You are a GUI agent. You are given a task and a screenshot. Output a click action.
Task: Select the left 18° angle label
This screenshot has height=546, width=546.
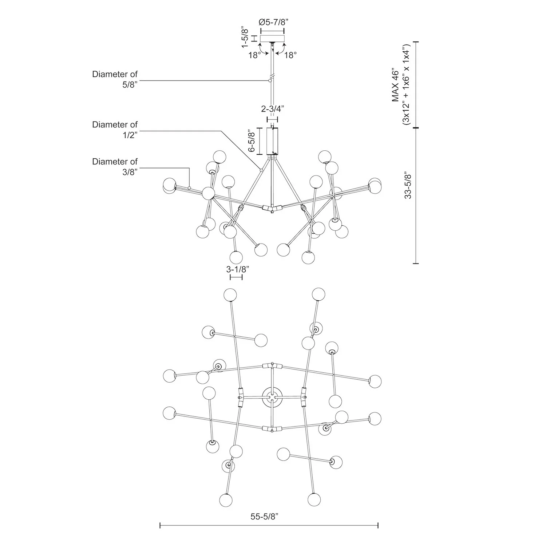click(x=255, y=55)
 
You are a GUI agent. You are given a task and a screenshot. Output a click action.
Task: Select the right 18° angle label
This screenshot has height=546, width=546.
click(x=290, y=55)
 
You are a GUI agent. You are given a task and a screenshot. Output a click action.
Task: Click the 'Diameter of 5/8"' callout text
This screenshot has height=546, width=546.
click(x=115, y=79)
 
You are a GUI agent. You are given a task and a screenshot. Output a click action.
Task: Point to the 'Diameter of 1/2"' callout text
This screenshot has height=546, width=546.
click(x=115, y=130)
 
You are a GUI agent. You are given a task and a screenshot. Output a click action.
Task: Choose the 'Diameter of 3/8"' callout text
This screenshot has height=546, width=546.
click(x=115, y=166)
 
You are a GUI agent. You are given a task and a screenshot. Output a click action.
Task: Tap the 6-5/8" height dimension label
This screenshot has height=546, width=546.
click(x=251, y=141)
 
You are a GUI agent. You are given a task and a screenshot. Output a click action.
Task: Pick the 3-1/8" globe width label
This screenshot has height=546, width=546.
click(x=237, y=269)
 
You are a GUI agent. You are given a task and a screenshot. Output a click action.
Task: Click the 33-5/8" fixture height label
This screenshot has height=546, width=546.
click(x=408, y=186)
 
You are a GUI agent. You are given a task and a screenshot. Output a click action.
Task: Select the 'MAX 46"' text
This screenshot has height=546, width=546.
click(x=396, y=84)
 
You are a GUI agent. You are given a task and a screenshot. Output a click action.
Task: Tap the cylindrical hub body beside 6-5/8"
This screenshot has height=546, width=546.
click(x=272, y=141)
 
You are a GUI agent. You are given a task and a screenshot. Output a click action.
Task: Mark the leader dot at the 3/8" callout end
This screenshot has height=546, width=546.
click(x=189, y=188)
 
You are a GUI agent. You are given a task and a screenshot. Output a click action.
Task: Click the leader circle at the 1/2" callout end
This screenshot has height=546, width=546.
click(x=261, y=170)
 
